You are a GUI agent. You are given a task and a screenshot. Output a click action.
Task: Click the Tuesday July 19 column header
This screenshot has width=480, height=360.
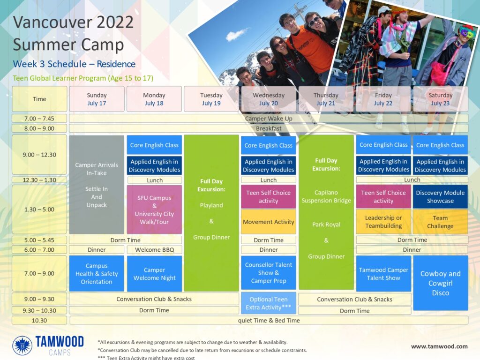(x=211, y=99)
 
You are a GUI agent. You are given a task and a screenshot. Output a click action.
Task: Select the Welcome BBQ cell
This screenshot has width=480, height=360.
(x=154, y=250)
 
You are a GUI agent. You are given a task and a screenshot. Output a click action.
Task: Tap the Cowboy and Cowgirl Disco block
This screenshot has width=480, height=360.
(x=440, y=283)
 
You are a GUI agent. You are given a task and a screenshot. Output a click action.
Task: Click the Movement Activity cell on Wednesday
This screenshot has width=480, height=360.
(x=269, y=222)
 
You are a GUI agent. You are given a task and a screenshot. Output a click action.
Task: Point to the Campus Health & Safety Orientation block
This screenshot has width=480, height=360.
(x=97, y=274)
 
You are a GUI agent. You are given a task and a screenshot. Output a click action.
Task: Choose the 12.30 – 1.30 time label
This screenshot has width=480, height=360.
(x=39, y=180)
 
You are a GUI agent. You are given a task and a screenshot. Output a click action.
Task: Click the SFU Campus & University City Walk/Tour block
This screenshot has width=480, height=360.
(x=154, y=210)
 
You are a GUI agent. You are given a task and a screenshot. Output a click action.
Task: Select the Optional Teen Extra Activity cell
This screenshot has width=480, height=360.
(x=269, y=303)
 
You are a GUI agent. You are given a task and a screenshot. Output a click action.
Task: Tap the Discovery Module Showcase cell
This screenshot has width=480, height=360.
(x=440, y=196)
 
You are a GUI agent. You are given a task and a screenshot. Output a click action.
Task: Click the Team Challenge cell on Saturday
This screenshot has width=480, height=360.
(x=440, y=222)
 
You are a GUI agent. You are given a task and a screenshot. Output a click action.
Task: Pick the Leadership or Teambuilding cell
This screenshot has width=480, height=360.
(x=383, y=222)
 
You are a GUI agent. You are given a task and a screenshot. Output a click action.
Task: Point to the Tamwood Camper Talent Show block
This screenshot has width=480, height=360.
(x=383, y=274)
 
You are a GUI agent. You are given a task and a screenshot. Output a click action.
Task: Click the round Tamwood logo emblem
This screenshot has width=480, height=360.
(x=22, y=345)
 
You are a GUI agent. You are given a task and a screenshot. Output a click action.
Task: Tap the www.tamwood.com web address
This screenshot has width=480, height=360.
(x=439, y=346)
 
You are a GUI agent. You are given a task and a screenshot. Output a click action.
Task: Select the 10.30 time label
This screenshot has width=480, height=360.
(x=39, y=321)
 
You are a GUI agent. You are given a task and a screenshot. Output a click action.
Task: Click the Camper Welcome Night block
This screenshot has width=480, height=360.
(x=154, y=274)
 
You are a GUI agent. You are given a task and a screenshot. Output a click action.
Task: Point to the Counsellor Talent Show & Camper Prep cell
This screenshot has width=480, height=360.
(x=269, y=273)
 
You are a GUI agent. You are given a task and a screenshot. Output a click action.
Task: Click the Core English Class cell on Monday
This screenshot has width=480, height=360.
(x=154, y=145)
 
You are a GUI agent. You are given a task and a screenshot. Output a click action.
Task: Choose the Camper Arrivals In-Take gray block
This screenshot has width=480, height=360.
(x=97, y=185)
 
